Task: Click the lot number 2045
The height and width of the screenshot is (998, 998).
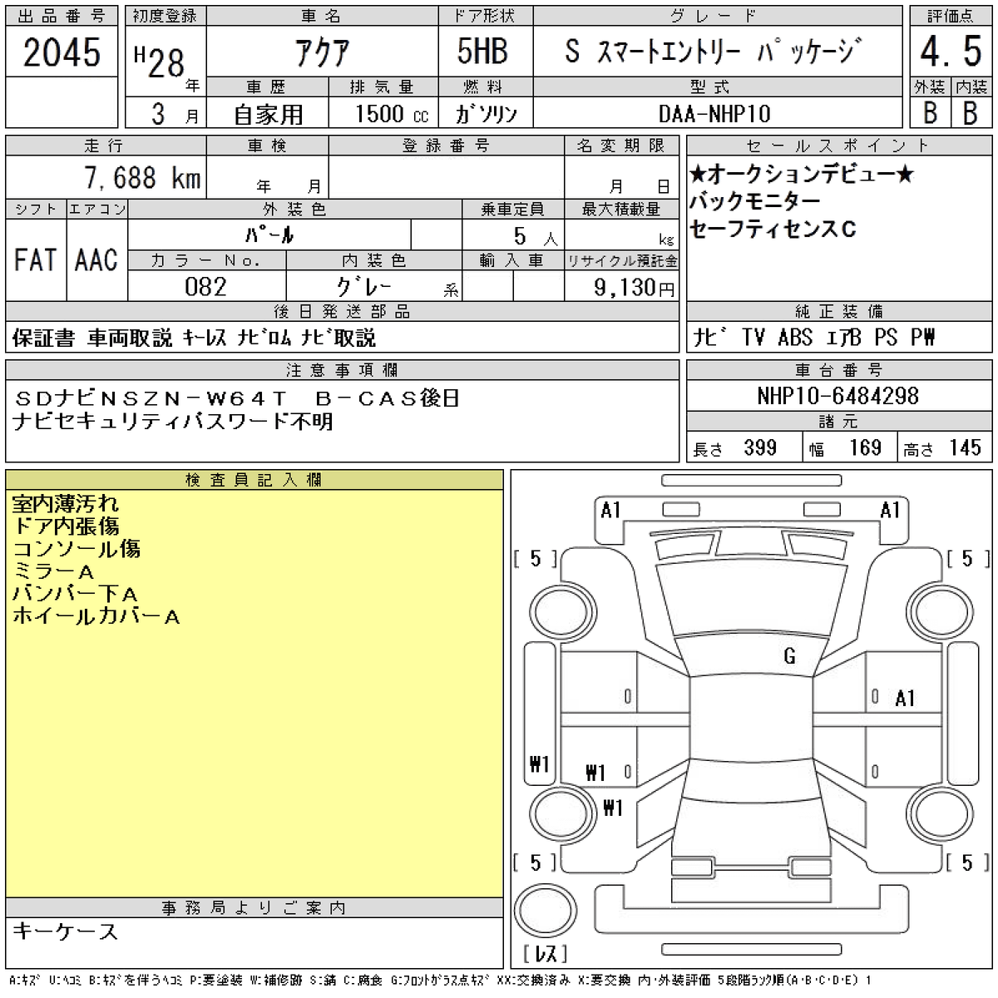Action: click(62, 52)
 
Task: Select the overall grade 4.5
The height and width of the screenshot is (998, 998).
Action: click(951, 52)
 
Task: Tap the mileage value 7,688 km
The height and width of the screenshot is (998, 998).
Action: click(142, 178)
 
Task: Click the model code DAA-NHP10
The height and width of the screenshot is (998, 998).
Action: click(714, 114)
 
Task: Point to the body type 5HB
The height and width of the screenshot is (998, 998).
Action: click(482, 52)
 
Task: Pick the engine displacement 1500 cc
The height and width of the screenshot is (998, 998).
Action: click(392, 114)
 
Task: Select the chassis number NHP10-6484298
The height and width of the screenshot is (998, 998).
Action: click(838, 396)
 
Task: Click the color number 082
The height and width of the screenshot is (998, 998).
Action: click(205, 287)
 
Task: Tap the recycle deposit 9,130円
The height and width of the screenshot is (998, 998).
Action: click(635, 287)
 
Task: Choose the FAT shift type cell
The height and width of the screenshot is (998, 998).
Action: click(35, 260)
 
